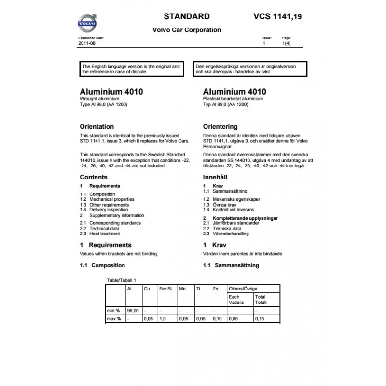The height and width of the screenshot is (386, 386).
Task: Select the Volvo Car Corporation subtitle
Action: (x=187, y=30)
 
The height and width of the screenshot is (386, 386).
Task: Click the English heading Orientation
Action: (x=96, y=127)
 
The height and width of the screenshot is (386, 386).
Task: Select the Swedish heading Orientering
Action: (x=221, y=127)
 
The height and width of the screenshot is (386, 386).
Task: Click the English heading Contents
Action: (x=94, y=177)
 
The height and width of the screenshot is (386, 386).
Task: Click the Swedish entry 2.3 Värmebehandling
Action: (x=226, y=234)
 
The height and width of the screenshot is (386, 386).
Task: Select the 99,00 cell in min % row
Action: (x=133, y=311)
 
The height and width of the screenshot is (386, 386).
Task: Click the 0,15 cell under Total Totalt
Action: (x=260, y=319)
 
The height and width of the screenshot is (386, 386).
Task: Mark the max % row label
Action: (x=115, y=319)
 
